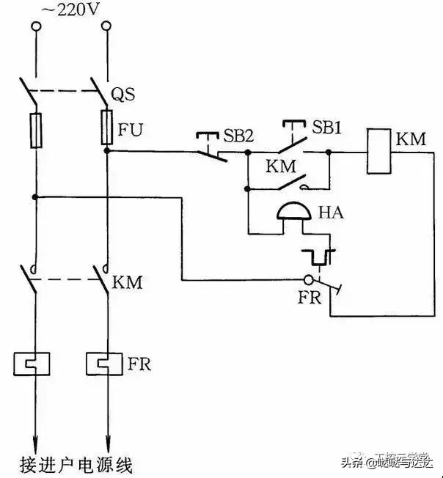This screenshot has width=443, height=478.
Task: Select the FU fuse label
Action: [x=131, y=131]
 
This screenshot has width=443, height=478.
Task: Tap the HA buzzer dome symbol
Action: [x=294, y=213]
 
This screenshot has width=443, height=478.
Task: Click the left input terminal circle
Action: [x=35, y=28]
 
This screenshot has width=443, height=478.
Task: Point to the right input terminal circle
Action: [x=107, y=28]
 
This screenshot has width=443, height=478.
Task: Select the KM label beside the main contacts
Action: [x=129, y=282]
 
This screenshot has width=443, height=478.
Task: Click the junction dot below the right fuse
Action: [x=107, y=152]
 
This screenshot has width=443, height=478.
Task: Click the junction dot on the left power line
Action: [x=35, y=196]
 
